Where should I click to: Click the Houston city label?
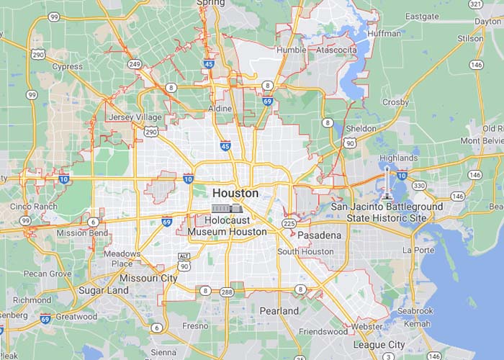235,193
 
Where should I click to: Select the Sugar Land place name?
104,291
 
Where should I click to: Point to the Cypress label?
67,66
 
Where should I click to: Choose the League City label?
378,345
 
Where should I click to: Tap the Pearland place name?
279,311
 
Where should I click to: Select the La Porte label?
418,250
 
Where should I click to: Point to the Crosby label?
395,102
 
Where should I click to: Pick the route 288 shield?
228,292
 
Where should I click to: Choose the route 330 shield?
418,186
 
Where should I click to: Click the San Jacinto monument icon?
388,184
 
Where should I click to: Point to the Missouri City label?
148,278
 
